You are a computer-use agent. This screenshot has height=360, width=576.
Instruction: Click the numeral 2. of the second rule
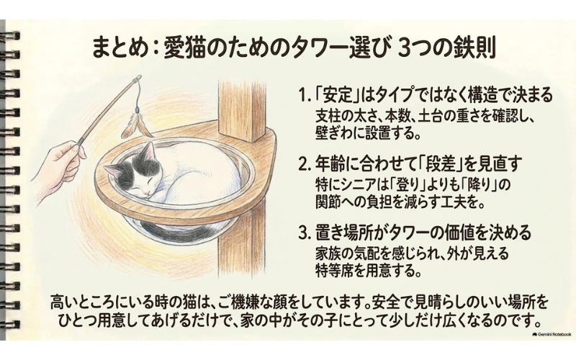pos(304,166)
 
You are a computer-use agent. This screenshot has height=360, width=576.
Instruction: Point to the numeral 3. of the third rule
pos(304,233)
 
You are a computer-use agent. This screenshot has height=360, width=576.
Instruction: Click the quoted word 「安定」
pos(336,96)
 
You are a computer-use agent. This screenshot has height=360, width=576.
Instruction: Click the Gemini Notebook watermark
pos(551,334)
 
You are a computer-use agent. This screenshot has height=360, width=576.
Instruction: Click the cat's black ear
pos(148,151)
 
